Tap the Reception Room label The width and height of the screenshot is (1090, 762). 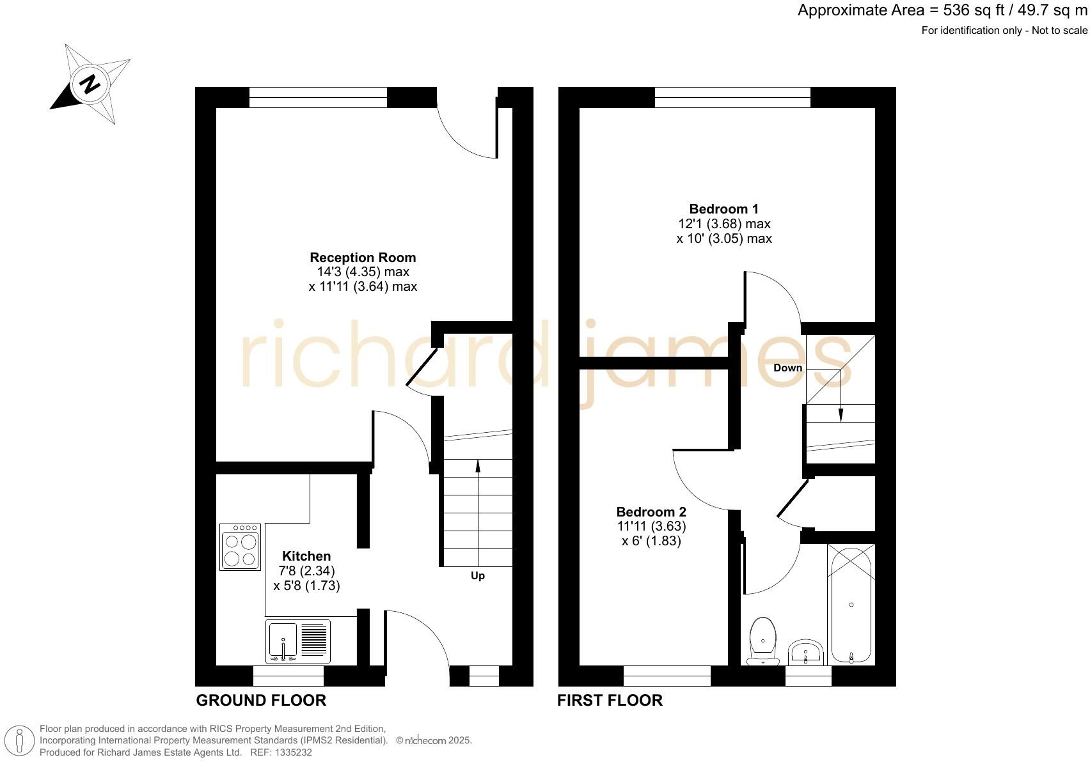(363, 258)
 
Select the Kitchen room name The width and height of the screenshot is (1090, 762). (306, 556)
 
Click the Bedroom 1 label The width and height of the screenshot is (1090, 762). (723, 209)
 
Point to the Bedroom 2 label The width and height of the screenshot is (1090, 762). (651, 512)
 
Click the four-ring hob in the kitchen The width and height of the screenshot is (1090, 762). (240, 547)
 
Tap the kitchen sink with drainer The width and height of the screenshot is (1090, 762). (298, 641)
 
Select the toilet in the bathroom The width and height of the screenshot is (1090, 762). (763, 641)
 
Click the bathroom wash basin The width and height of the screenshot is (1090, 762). (805, 652)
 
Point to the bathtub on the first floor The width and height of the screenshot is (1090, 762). (851, 604)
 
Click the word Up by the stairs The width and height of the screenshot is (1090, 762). (478, 576)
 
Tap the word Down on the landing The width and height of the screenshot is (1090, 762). (787, 368)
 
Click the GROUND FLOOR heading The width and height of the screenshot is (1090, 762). (261, 701)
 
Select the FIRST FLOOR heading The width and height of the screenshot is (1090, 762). (610, 701)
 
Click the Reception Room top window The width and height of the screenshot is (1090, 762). (318, 98)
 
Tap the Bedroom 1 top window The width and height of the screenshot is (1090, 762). (732, 98)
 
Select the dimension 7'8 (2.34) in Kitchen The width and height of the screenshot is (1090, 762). (306, 571)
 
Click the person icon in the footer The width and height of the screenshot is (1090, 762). (20, 741)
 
